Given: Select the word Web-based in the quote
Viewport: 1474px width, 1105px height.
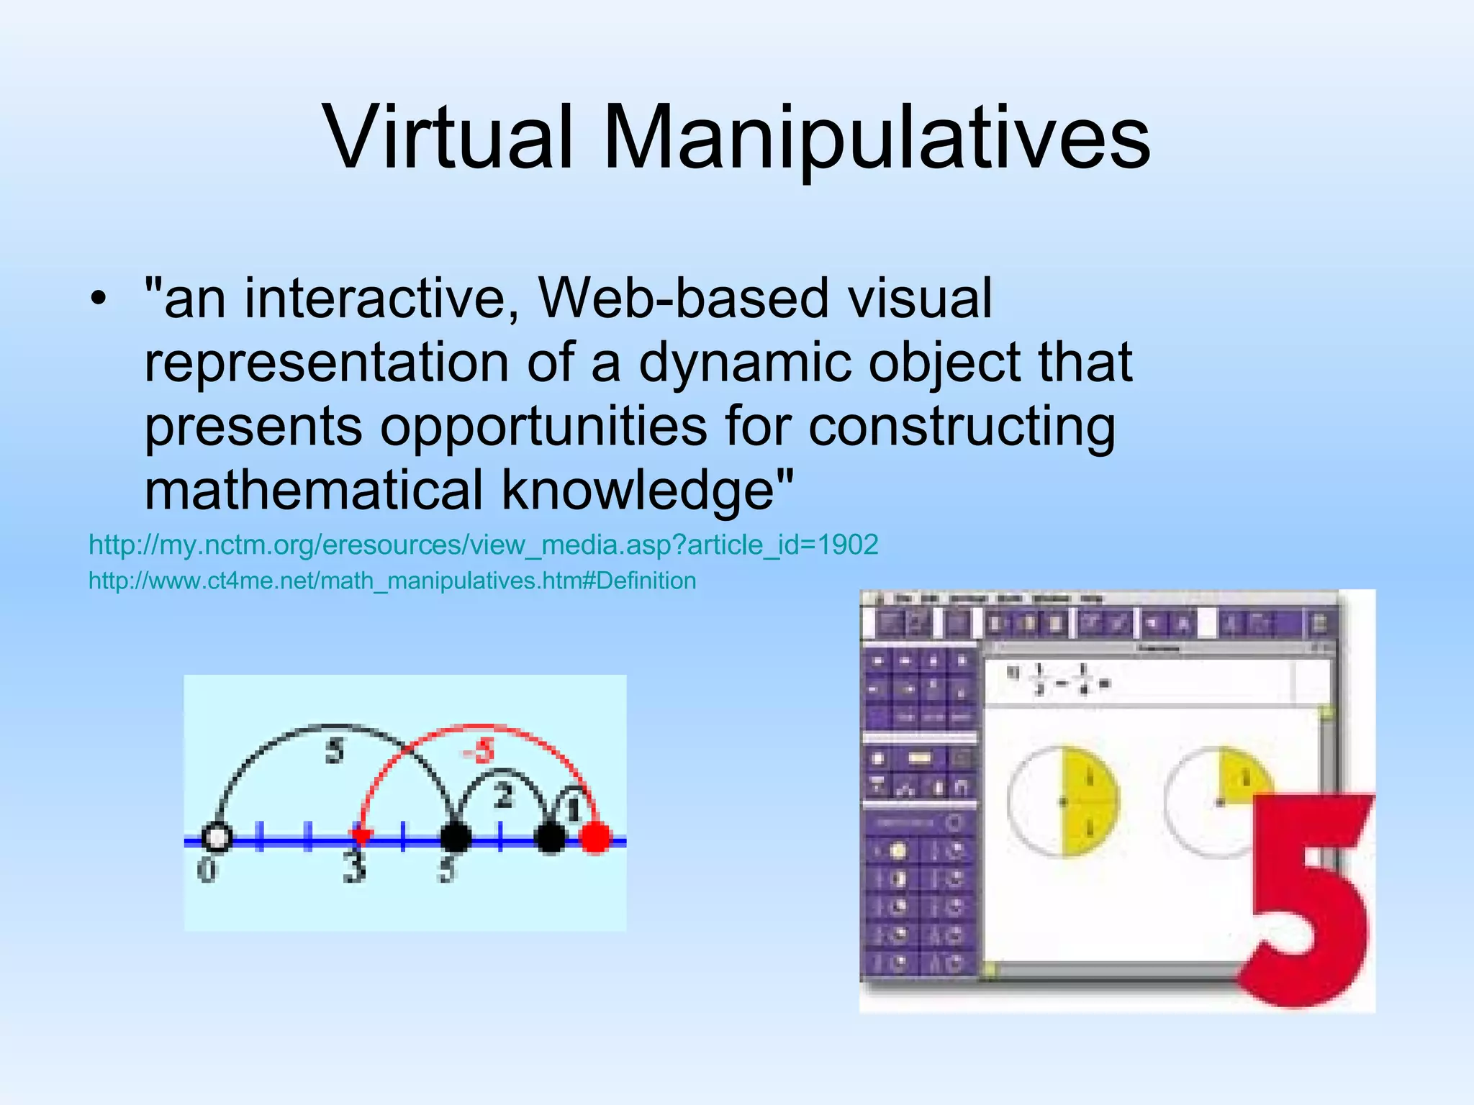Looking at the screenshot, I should [683, 298].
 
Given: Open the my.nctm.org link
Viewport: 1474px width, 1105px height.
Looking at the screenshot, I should [483, 545].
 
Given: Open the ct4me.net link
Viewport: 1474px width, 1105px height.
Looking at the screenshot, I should [392, 581].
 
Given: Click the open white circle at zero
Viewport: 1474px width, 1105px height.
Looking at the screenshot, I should [216, 837].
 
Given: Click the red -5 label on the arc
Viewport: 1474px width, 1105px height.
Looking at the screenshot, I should [479, 752].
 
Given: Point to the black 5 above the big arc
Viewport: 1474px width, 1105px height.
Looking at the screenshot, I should [335, 751].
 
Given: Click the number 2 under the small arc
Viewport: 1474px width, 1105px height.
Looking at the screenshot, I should [504, 796].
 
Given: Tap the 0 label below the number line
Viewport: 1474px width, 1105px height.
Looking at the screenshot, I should [207, 870].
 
